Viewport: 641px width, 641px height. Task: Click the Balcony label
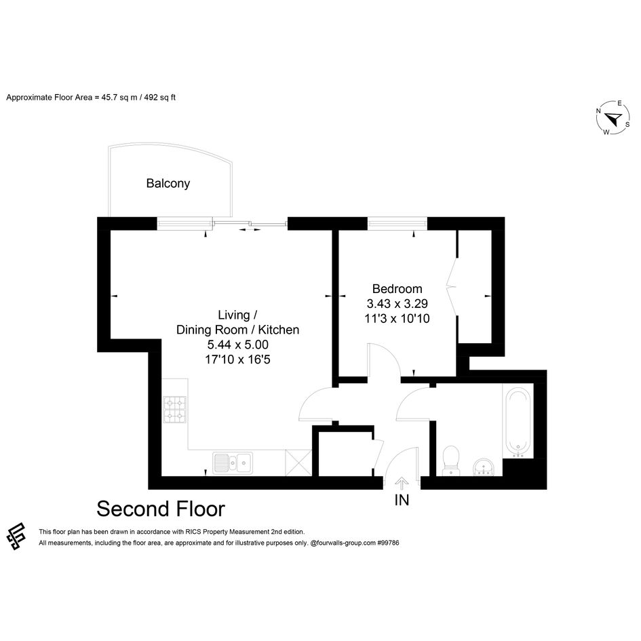(168, 184)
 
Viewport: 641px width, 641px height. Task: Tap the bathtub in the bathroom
(518, 422)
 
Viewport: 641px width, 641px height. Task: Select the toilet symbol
(451, 461)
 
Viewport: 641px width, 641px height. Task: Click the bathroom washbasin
(484, 467)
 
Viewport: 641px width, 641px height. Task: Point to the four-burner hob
(174, 409)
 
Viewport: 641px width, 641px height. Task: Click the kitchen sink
(233, 463)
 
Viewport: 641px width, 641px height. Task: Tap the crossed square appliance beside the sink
(298, 463)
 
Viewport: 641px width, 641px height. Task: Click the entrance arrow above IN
(402, 484)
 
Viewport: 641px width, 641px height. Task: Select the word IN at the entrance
(402, 500)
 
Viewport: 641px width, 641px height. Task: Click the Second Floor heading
(161, 509)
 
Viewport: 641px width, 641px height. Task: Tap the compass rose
(613, 118)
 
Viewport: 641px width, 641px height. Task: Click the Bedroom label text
(397, 289)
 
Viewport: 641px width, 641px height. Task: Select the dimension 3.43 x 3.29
(397, 304)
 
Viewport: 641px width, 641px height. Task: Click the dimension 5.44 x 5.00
(238, 345)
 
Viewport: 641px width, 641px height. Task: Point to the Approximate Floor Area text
(91, 98)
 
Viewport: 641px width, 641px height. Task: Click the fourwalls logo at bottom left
(16, 537)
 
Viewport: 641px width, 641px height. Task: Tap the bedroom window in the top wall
(397, 224)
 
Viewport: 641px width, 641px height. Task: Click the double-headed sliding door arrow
(250, 230)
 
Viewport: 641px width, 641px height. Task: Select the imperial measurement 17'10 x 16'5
(238, 360)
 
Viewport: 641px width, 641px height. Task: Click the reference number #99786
(388, 543)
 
